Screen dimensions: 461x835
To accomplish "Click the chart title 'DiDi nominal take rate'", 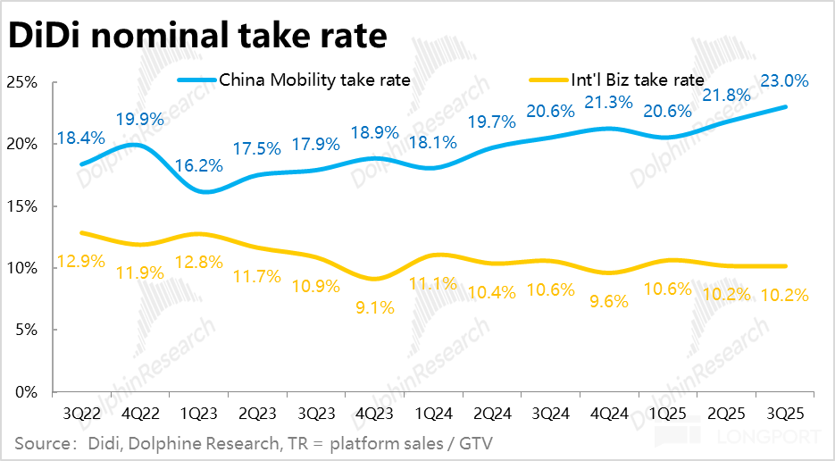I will coord(198,35).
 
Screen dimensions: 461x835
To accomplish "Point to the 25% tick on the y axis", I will coord(21,82).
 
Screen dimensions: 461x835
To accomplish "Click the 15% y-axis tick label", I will coord(21,206).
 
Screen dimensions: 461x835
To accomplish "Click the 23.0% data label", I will coord(784,80).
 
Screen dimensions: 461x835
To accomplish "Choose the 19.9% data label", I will coord(139,120).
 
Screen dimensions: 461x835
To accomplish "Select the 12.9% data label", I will coord(81,262).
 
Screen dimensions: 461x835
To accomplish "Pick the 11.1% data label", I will coord(432,284).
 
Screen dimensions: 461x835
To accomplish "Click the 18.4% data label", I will coord(81,138).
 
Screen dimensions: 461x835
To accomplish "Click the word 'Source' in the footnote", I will coord(40,443).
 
